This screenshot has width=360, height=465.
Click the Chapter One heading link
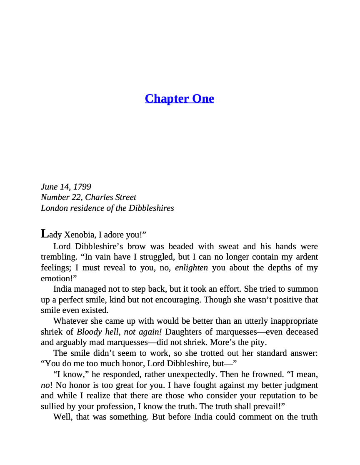[x=179, y=98]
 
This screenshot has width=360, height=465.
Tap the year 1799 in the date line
[x=82, y=187]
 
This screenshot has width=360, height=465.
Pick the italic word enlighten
[x=191, y=267]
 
